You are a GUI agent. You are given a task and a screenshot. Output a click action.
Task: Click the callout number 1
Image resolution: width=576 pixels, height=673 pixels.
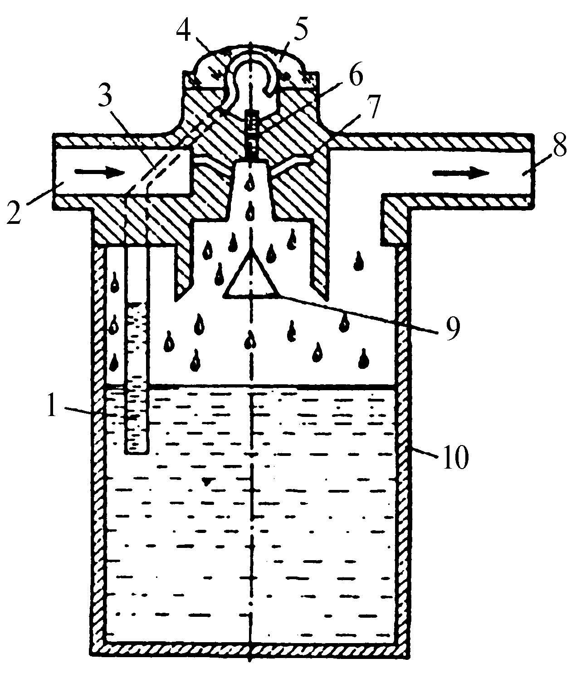tap(52, 405)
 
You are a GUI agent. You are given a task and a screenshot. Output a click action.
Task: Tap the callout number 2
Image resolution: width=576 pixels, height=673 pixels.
tap(14, 212)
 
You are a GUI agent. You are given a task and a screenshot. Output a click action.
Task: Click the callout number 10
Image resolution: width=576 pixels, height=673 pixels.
tap(455, 457)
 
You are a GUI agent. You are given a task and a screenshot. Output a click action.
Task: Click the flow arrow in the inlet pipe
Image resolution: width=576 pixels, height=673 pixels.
tap(100, 172)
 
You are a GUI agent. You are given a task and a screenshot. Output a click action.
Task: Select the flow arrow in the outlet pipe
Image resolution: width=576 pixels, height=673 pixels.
tap(461, 173)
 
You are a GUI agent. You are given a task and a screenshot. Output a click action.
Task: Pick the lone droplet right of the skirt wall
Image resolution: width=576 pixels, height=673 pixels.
tap(359, 261)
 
